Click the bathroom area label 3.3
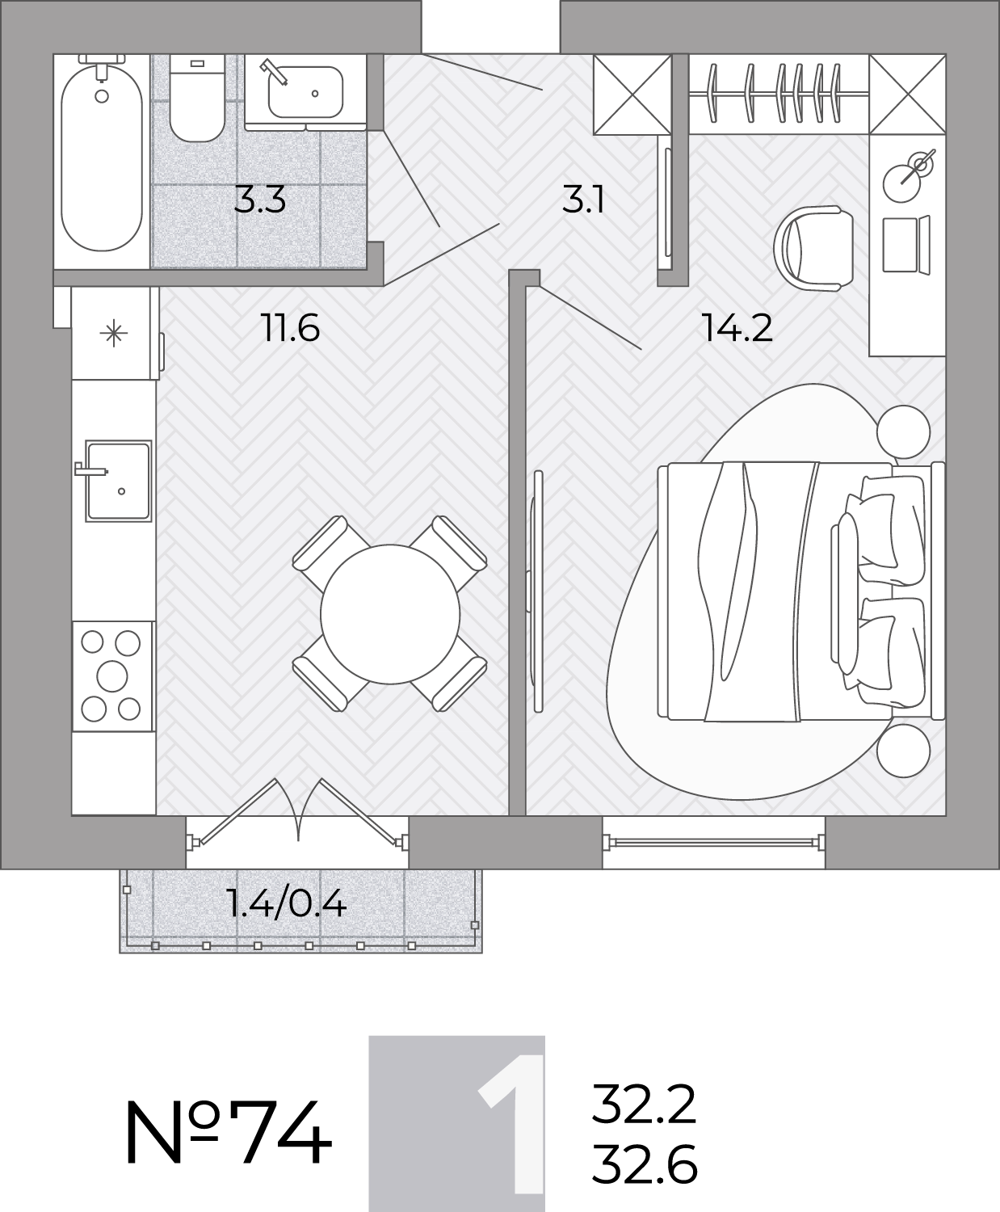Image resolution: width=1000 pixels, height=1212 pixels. click(259, 200)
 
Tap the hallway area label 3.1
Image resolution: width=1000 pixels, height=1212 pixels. click(583, 200)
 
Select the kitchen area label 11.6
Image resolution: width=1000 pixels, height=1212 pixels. click(290, 328)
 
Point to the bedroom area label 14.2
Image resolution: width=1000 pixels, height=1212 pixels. click(737, 328)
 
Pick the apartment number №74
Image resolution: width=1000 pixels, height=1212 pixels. click(228, 1133)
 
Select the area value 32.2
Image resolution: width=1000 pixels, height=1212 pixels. click(644, 1104)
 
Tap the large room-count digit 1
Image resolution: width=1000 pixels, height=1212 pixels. click(513, 1125)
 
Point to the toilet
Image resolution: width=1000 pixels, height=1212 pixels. click(197, 99)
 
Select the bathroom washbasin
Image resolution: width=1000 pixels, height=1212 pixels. click(305, 92)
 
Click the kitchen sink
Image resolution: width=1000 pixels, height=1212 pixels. click(119, 481)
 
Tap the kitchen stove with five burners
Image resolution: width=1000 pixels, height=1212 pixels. click(112, 676)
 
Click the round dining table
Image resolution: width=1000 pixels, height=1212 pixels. click(390, 613)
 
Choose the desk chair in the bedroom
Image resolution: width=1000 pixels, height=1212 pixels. click(813, 248)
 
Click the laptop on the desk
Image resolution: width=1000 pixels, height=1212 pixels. click(906, 244)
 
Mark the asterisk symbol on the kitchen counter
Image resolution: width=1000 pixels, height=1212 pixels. click(113, 334)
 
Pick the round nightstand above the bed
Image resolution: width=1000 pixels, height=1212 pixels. click(903, 431)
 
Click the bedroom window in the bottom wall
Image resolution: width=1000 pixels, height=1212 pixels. click(714, 842)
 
